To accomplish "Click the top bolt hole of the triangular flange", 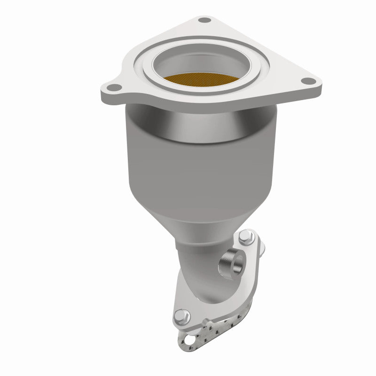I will point(204,20).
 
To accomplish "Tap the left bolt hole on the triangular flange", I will point(113,87).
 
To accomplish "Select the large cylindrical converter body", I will point(197,169).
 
